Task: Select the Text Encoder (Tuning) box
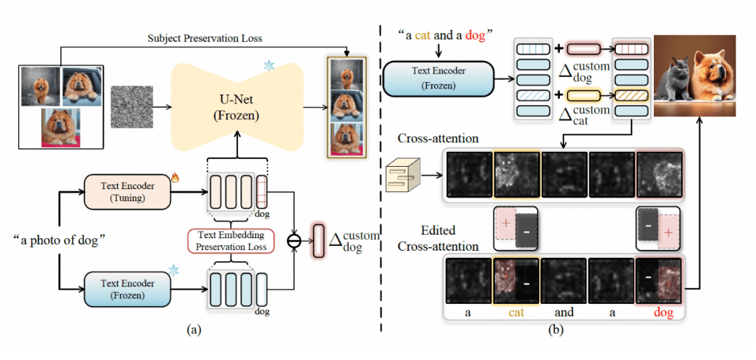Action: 127,191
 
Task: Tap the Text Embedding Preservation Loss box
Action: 231,240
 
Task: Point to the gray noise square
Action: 132,106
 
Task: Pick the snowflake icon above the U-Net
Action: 268,66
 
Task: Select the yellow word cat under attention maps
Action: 515,313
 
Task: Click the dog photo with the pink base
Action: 61,127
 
